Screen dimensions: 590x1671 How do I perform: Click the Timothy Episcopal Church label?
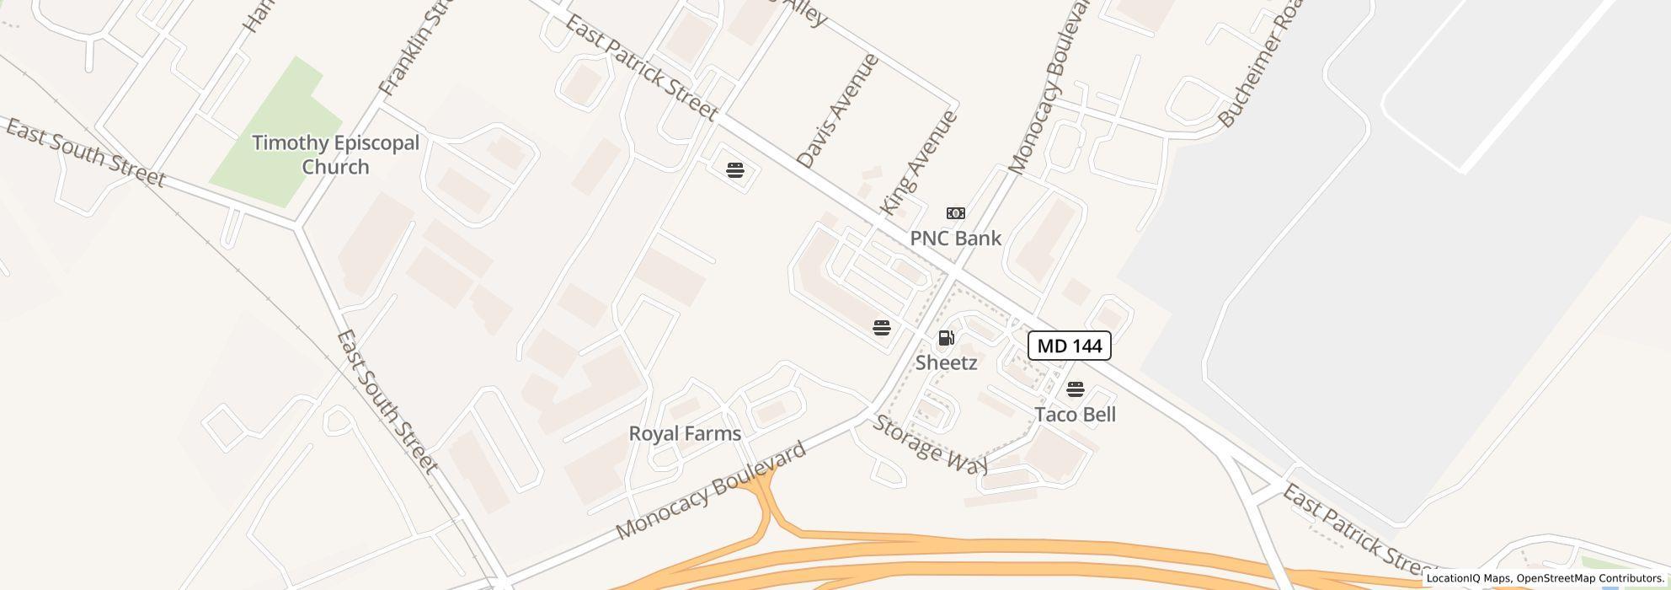point(335,154)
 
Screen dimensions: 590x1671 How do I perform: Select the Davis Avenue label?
point(836,110)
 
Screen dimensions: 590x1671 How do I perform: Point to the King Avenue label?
point(918,162)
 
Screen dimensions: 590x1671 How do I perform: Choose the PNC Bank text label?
point(955,239)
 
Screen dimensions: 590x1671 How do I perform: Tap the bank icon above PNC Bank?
point(955,213)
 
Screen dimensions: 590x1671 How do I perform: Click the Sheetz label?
point(946,362)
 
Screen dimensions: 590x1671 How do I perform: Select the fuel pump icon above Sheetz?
point(946,338)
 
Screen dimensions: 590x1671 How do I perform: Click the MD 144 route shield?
point(1069,346)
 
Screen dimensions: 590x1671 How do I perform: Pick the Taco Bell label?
point(1075,415)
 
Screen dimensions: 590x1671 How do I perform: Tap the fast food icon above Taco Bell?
point(1075,389)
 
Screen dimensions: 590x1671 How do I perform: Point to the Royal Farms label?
point(685,433)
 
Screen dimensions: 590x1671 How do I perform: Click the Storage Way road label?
point(929,443)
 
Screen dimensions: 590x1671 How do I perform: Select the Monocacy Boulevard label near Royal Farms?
point(711,491)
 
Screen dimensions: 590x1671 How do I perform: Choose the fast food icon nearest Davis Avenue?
point(734,170)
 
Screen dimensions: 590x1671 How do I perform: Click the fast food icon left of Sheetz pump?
point(881,327)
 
